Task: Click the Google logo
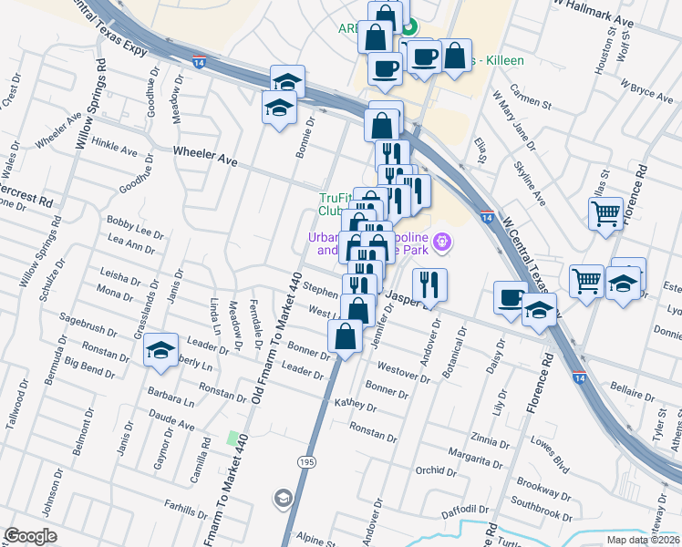(30, 536)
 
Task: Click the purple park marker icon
(443, 243)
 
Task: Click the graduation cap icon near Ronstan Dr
(160, 352)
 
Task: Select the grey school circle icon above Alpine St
(282, 498)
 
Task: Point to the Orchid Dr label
(435, 471)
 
